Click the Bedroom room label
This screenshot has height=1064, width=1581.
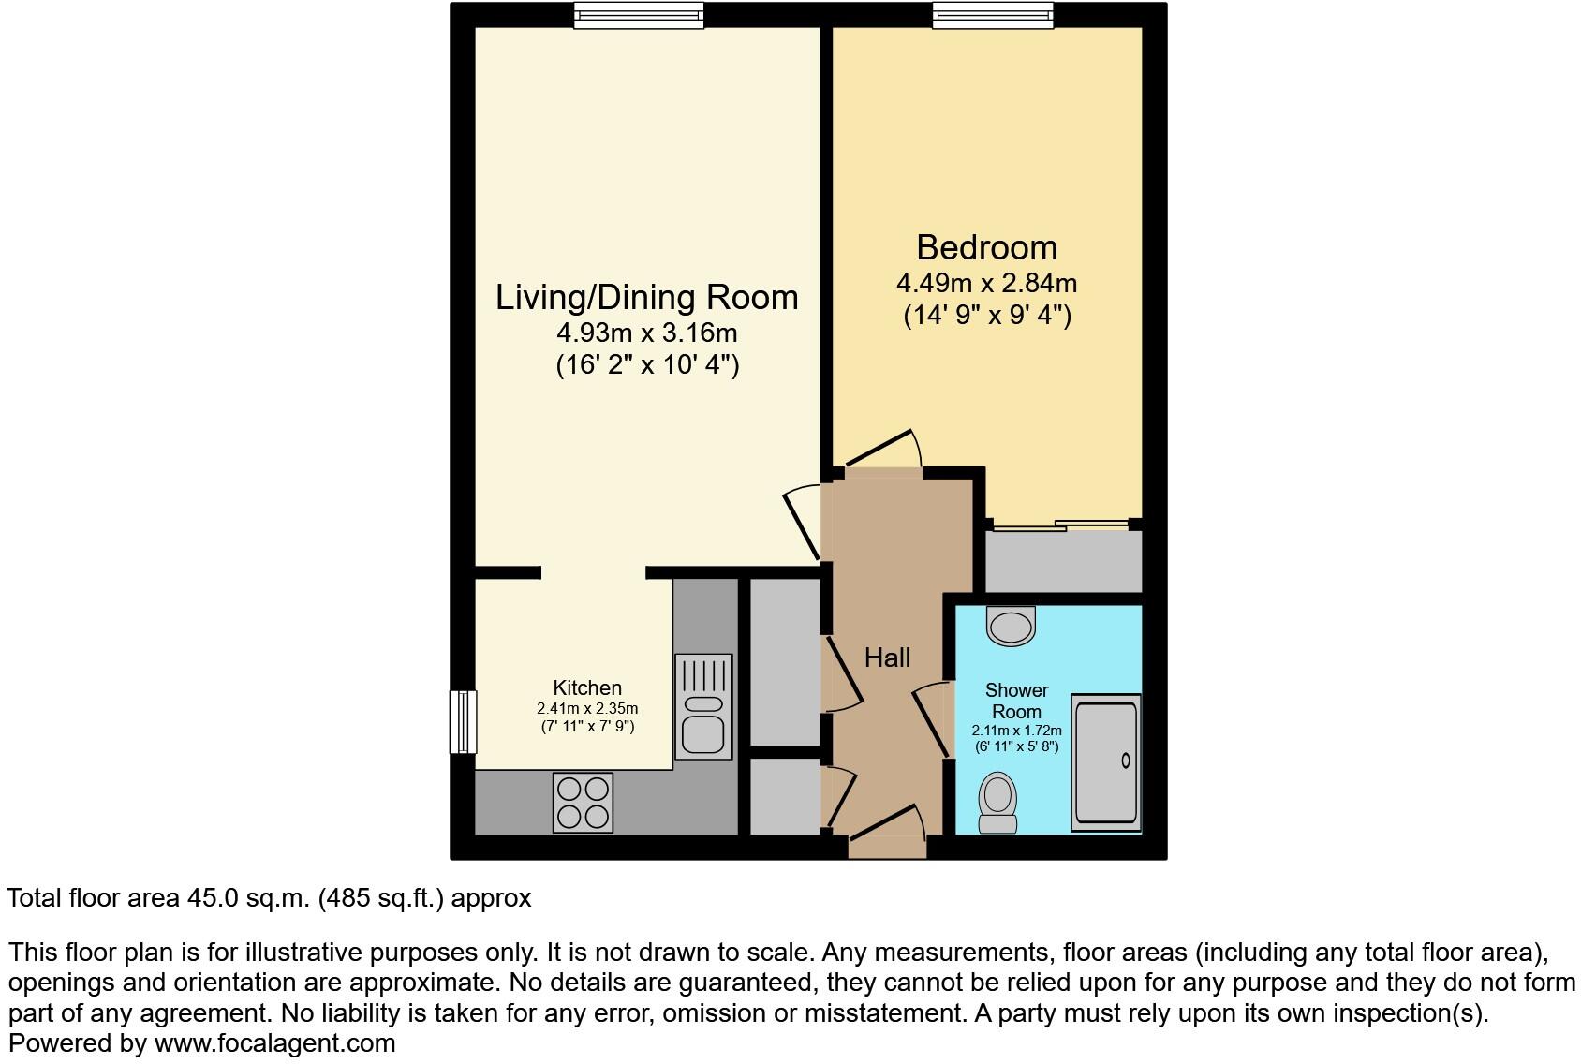[x=986, y=247]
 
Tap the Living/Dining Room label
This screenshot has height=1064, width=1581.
[x=646, y=297]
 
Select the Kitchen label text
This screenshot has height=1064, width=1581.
[x=587, y=687]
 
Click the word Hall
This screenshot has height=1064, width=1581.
[x=887, y=658]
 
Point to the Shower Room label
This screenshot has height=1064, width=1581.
[x=1016, y=701]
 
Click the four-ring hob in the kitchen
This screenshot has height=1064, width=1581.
[x=583, y=803]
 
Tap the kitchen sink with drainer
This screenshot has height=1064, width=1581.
[x=703, y=706]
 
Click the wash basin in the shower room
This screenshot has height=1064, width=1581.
[x=1012, y=625]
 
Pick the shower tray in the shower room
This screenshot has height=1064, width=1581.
[x=1106, y=762]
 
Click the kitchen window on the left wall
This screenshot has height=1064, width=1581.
[x=463, y=721]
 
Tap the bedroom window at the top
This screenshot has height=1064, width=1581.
[x=993, y=14]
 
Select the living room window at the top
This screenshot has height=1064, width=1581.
[x=638, y=14]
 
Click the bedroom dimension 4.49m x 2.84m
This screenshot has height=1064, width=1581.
[x=986, y=283]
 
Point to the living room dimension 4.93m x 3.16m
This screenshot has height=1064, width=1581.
[x=646, y=332]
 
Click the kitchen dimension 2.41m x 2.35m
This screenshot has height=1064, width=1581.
[x=587, y=708]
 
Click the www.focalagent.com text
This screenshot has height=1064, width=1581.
[x=274, y=1042]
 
